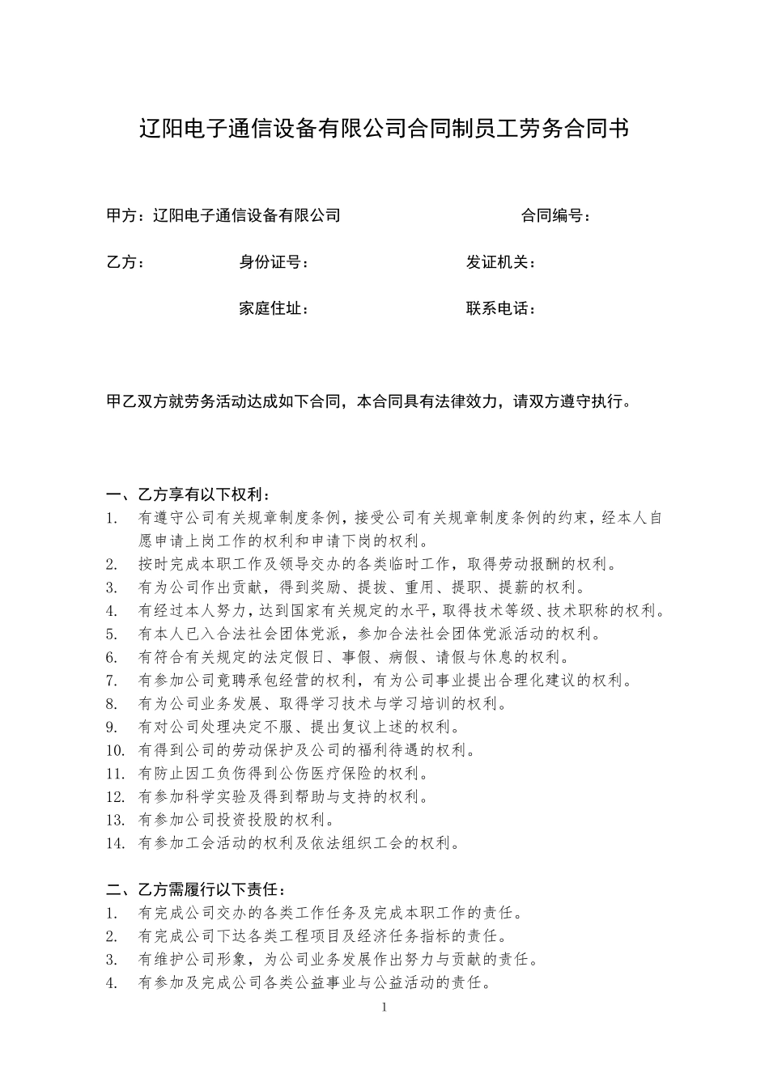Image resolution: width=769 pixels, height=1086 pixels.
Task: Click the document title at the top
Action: tap(384, 129)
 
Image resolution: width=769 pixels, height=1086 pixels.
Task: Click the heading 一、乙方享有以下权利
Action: tap(189, 494)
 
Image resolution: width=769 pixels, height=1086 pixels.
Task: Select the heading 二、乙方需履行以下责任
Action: tap(196, 891)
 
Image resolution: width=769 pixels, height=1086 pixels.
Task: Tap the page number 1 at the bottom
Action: tap(384, 1008)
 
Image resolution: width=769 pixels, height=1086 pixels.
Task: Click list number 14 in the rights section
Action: tap(115, 843)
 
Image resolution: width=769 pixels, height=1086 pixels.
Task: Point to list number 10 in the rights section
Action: tap(115, 750)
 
